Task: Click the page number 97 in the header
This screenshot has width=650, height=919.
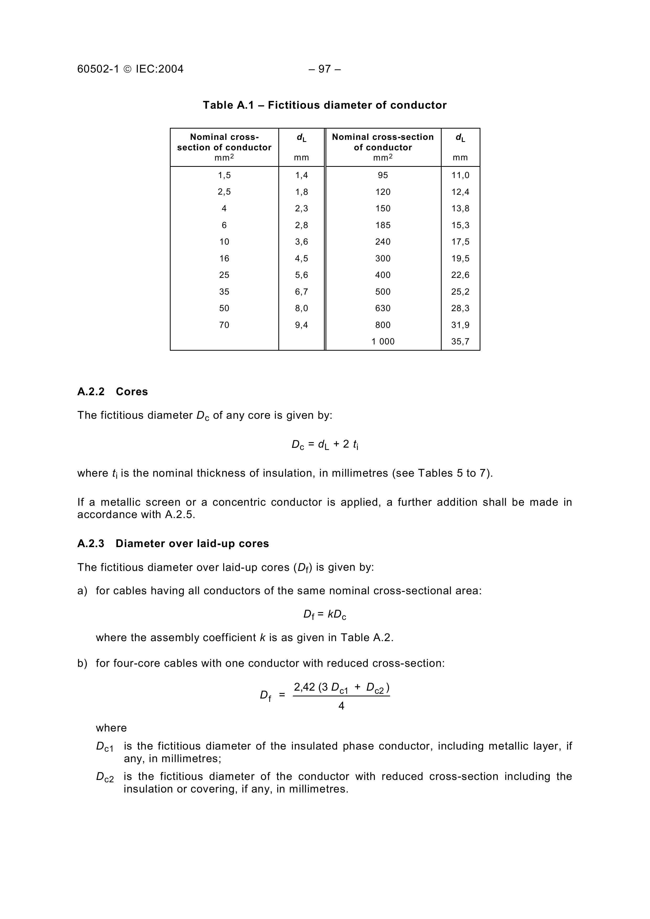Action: [x=324, y=69]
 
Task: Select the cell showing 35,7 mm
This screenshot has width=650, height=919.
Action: [x=460, y=342]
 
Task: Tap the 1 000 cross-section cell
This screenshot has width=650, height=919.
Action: [x=383, y=342]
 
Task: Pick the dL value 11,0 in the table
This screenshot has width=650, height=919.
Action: [x=460, y=175]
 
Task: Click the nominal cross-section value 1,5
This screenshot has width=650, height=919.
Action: [x=224, y=175]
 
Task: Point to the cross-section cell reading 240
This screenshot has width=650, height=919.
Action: [x=383, y=242]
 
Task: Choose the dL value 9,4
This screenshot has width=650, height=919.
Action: [x=302, y=325]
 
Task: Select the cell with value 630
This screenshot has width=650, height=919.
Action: [x=383, y=308]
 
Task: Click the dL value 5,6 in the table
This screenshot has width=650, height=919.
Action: [x=302, y=275]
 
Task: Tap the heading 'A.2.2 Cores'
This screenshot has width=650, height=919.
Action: [x=112, y=392]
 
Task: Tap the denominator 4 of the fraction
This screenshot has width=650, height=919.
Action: [x=341, y=706]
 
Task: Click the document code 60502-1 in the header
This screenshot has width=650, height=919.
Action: [x=98, y=69]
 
